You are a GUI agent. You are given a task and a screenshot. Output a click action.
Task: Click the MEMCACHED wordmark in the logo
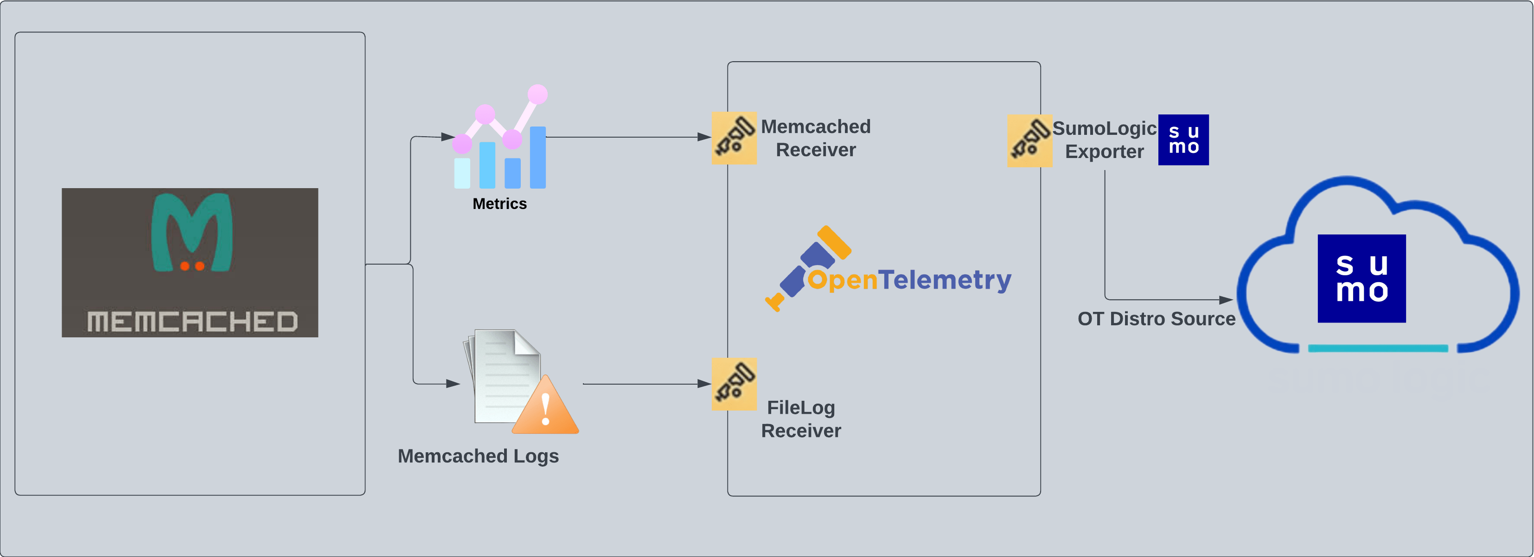coord(192,321)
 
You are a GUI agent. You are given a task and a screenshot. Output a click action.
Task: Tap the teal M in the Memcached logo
coord(192,231)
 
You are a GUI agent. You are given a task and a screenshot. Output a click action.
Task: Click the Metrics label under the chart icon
coord(499,203)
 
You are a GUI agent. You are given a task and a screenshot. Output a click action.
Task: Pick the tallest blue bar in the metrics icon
coord(538,157)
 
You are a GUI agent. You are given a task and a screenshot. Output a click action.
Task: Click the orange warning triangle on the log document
coord(545,408)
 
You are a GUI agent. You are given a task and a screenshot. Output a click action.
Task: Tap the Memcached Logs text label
coord(478,456)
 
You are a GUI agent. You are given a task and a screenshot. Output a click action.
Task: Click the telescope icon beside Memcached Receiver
coord(734,138)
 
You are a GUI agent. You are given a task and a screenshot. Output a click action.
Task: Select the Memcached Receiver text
coord(815,138)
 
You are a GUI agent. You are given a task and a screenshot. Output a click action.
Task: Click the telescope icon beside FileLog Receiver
coord(734,384)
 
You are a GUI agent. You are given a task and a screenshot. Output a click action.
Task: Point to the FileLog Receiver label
coord(801,419)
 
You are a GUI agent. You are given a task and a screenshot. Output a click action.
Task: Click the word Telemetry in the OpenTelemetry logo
coord(945,280)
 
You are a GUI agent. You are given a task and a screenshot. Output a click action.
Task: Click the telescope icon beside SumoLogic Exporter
coord(1029,140)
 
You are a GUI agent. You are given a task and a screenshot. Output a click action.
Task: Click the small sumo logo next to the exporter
coord(1183,140)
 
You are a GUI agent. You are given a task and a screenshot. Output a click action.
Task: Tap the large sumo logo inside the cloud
coord(1361,278)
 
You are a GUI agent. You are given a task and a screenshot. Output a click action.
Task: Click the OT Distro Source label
coord(1156,319)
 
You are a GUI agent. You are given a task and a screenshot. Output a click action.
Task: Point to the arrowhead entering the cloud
coord(1226,300)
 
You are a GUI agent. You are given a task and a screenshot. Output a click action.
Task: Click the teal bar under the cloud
coord(1377,348)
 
